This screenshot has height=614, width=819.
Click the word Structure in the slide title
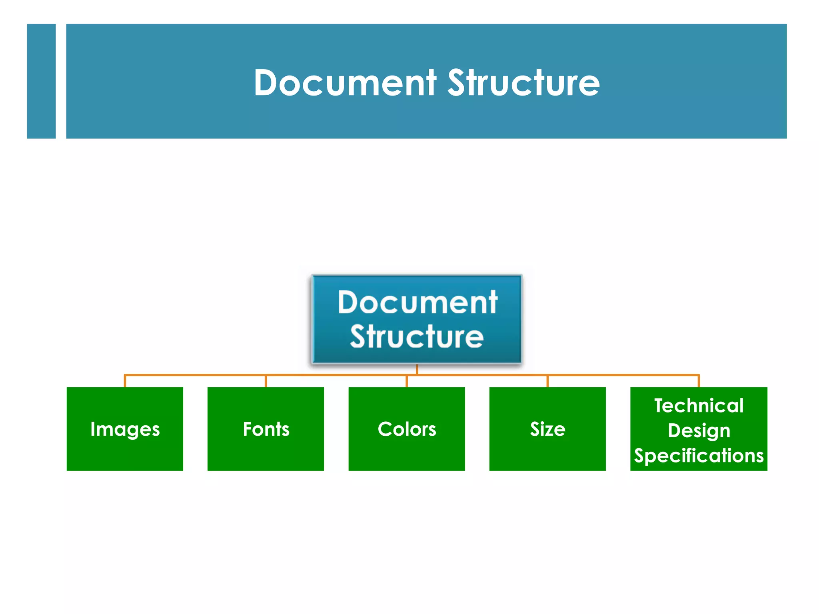point(523,83)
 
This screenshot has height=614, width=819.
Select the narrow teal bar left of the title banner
point(41,81)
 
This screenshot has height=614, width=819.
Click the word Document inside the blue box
point(417,302)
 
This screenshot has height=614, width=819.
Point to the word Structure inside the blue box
point(417,337)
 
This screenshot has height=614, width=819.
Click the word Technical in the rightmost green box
point(699,405)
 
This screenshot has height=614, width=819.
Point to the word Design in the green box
point(699,431)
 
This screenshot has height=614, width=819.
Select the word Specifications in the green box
point(699,456)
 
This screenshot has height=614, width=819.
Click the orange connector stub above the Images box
point(125,381)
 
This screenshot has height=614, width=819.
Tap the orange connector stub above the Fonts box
point(266,381)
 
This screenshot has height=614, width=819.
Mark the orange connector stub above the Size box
point(547,381)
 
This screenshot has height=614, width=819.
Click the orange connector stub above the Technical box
point(699,381)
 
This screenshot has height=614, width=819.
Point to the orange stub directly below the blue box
point(417,369)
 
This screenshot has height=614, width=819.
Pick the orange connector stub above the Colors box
point(407,381)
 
